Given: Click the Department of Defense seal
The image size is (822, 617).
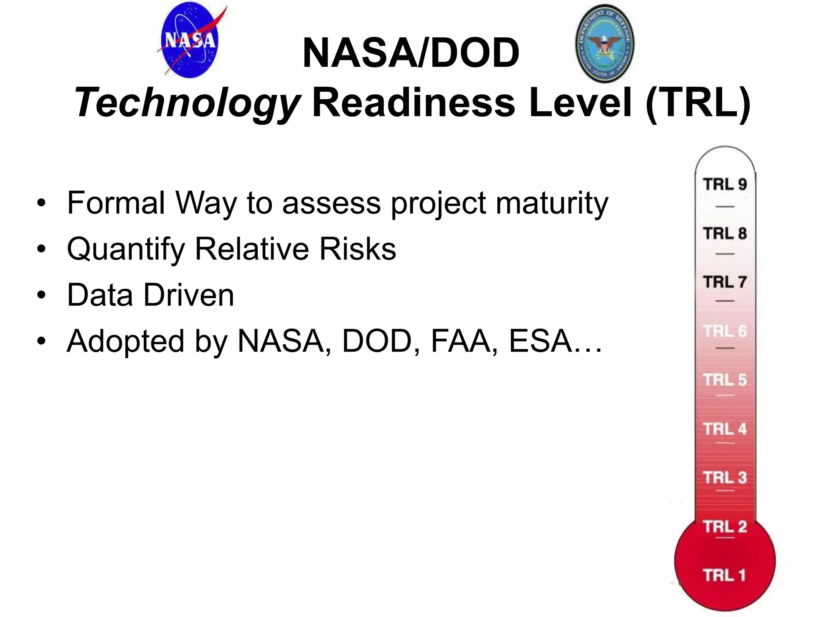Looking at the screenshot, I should (x=605, y=44).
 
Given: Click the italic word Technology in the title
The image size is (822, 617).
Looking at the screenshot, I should (x=187, y=103).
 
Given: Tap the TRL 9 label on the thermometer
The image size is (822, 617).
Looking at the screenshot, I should (x=725, y=184).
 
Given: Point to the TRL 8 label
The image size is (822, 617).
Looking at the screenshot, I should (x=725, y=233).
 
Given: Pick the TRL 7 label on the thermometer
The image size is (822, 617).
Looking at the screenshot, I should (x=725, y=282).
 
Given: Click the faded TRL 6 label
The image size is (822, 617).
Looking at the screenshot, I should (x=725, y=331).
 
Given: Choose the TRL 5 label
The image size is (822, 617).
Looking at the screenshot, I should (x=725, y=380).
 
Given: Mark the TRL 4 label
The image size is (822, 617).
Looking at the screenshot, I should (x=725, y=429).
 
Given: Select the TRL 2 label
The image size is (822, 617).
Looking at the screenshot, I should (x=725, y=527).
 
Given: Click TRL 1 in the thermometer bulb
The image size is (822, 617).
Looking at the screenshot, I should (x=724, y=575).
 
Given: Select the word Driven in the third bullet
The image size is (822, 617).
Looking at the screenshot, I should (x=189, y=295).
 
